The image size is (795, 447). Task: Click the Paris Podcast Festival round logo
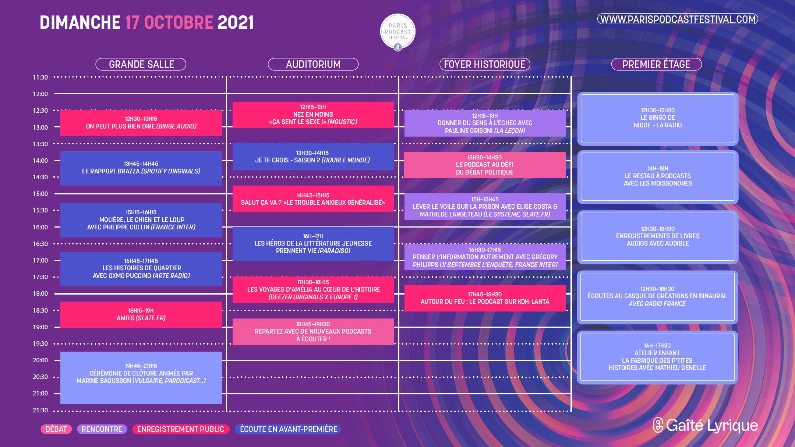(x=397, y=32)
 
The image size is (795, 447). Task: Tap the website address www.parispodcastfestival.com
(x=678, y=19)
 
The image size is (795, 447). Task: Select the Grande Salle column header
(x=141, y=64)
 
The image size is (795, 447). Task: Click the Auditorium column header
(x=313, y=64)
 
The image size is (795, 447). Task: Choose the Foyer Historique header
(x=485, y=64)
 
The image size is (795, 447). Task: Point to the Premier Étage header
(x=657, y=64)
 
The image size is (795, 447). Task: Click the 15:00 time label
(x=40, y=194)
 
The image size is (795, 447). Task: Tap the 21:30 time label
(x=40, y=410)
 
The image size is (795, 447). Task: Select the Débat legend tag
(x=56, y=429)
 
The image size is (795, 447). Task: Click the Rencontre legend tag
(x=102, y=429)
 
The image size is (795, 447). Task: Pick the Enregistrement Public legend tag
(x=181, y=429)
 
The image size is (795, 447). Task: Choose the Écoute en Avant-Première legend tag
(x=289, y=429)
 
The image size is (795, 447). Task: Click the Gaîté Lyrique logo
(x=705, y=425)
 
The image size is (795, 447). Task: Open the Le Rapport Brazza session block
(x=141, y=168)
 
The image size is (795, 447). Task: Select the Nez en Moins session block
(x=313, y=115)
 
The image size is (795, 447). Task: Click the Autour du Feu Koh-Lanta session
(x=485, y=298)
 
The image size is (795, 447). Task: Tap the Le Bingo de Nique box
(x=658, y=118)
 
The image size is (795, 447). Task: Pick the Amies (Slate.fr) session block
(x=141, y=315)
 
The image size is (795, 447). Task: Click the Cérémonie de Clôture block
(x=141, y=378)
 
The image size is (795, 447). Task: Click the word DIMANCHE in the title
(x=80, y=22)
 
